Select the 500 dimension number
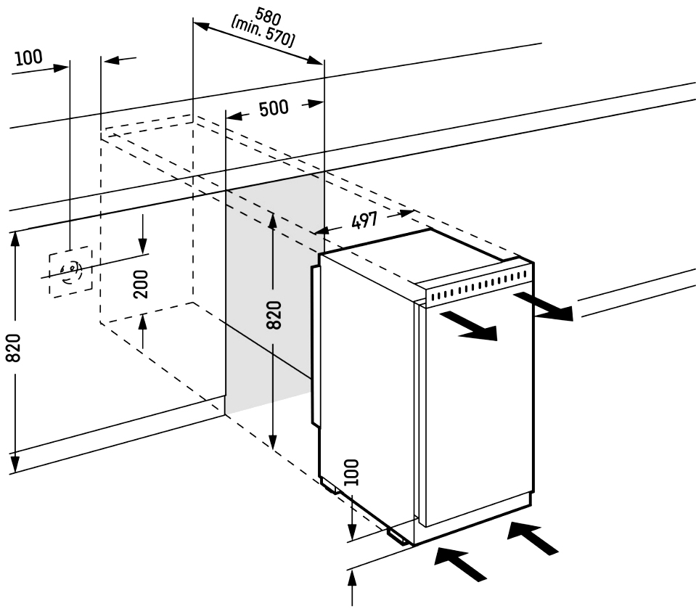[x=274, y=109]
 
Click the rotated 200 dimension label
[x=142, y=284]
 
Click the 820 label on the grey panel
[x=274, y=315]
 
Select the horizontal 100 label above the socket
[x=28, y=58]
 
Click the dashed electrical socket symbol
[x=70, y=271]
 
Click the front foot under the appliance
[x=399, y=535]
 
